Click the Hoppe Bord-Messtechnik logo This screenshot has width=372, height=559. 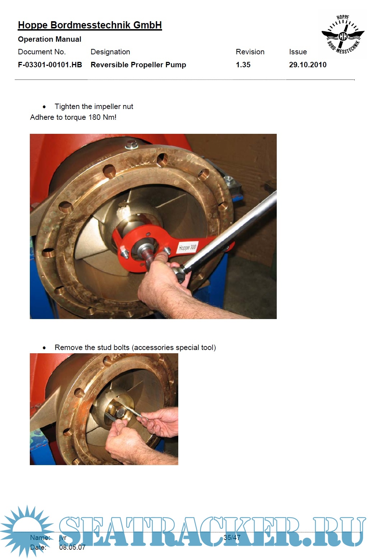tap(343, 34)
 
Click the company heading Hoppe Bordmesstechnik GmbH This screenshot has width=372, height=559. tap(90, 25)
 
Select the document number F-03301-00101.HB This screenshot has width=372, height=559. tap(50, 65)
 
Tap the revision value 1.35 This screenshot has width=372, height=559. tap(243, 65)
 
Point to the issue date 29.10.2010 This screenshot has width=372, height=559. tap(308, 65)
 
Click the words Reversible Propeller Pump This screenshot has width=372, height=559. tap(138, 65)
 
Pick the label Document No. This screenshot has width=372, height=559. tap(42, 52)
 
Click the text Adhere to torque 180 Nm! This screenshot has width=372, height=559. tap(73, 117)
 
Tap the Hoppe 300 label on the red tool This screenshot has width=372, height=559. tap(188, 248)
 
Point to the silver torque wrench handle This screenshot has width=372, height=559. tap(231, 229)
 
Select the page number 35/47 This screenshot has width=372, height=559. tap(232, 537)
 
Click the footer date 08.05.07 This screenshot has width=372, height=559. tap(72, 547)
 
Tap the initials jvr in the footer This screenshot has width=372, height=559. tap(63, 537)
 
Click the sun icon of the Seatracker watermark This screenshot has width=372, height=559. tap(27, 531)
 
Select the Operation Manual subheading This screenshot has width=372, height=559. tap(50, 39)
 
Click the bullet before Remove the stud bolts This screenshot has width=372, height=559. tap(44, 348)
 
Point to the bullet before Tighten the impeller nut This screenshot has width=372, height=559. tap(44, 107)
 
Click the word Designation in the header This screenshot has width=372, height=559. tap(110, 52)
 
